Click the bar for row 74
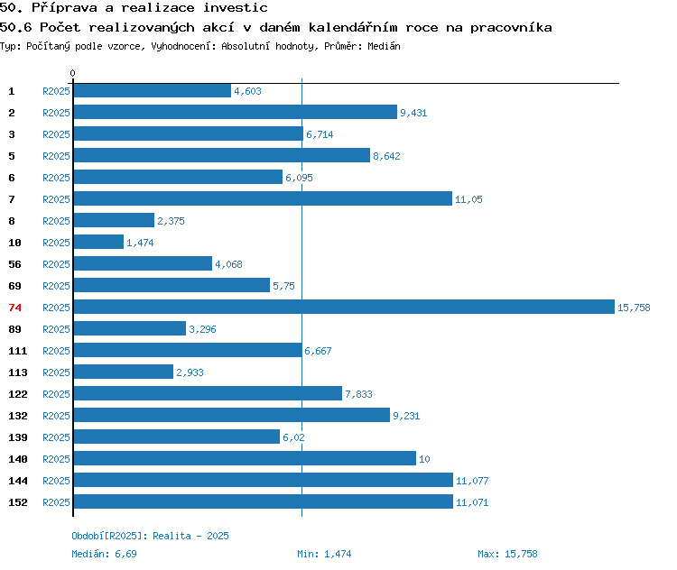coord(344,307)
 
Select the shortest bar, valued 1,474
coord(98,242)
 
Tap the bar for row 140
coord(245,458)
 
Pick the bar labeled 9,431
coord(236,112)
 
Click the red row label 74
coord(14,308)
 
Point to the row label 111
coord(18,351)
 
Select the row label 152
coord(18,502)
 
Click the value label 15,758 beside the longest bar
coord(634,308)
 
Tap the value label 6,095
coord(299,178)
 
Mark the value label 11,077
coord(472,481)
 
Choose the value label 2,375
coord(171,221)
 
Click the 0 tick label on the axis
coord(72,73)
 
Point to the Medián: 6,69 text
coord(104,554)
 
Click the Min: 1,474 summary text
coord(324,554)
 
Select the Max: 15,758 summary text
coord(507,554)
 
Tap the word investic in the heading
coord(236,7)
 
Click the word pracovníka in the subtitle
coord(511,28)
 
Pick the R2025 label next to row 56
coord(56,264)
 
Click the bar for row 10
coord(98,242)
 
